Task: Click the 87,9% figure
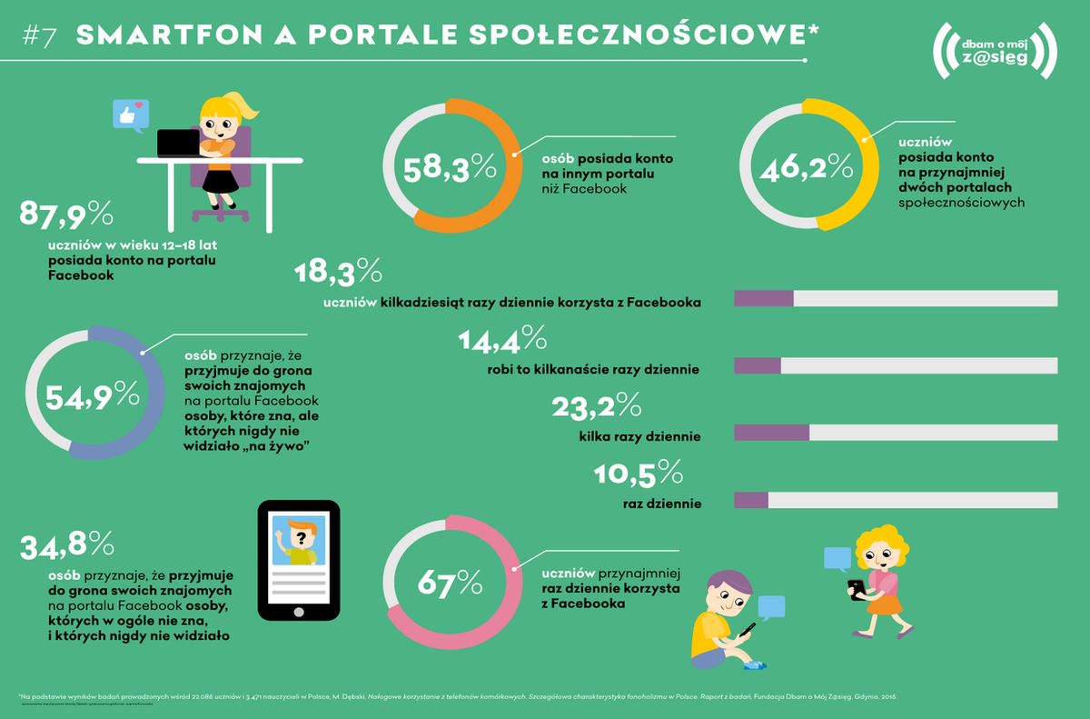(x=65, y=216)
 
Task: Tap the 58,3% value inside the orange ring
(x=451, y=167)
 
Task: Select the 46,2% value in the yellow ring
(x=808, y=167)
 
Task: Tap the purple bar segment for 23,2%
(x=770, y=433)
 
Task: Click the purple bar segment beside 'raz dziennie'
(x=750, y=500)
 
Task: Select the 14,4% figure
(x=502, y=340)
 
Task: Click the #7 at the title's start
(x=40, y=35)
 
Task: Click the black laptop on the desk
(x=180, y=143)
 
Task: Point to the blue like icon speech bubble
(x=128, y=115)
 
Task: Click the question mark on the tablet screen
(x=298, y=536)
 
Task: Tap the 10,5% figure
(x=638, y=474)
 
